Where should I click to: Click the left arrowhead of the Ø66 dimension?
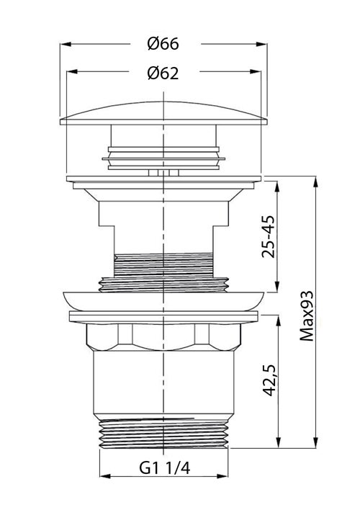(x=63, y=43)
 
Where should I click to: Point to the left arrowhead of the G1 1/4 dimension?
(x=102, y=477)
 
